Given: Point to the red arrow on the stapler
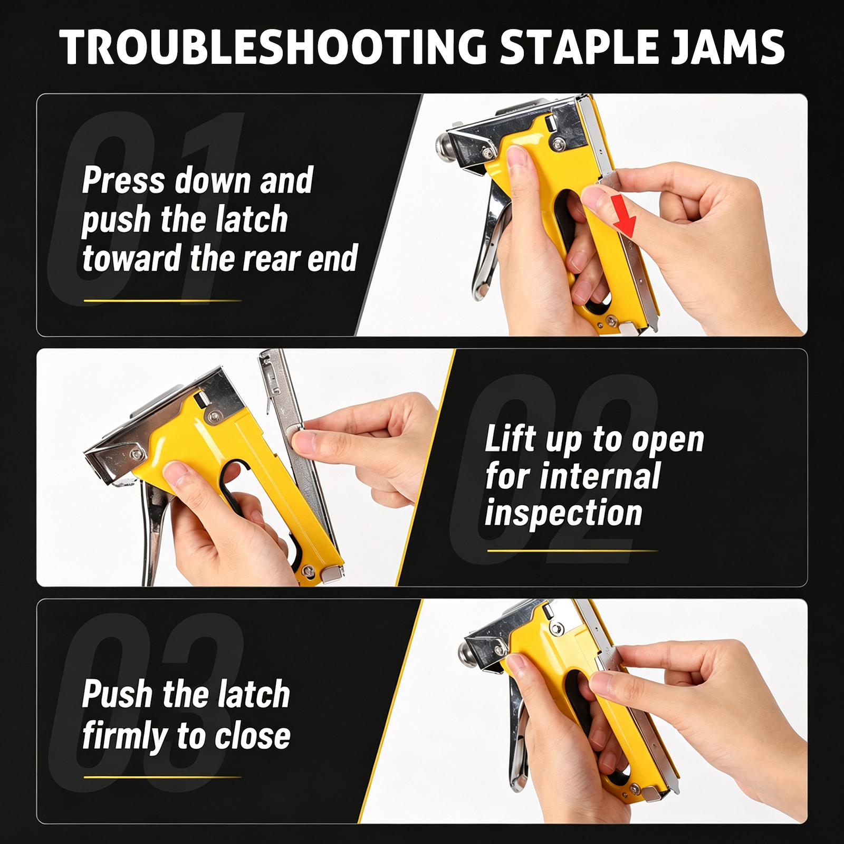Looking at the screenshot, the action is tap(625, 215).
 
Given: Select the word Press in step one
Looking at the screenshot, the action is tap(123, 180).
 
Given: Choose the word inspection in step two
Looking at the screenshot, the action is tap(563, 513).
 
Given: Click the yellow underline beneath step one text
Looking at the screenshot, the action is tap(162, 301).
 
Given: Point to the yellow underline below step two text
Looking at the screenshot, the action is tap(572, 551).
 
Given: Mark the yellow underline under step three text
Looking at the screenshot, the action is tap(162, 777).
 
